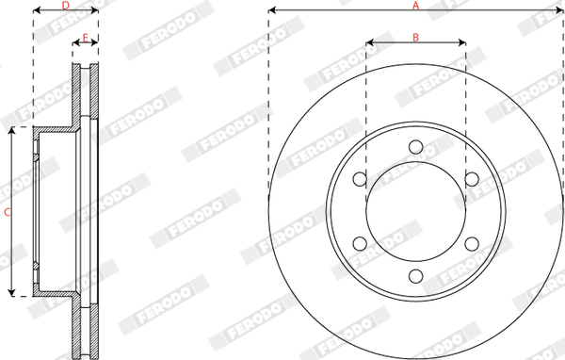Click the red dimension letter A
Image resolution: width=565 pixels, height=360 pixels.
coord(416,6)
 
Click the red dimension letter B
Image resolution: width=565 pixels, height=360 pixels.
coord(416,37)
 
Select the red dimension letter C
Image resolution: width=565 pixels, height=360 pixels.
coord(7,213)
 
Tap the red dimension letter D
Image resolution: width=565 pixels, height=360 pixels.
coord(65,6)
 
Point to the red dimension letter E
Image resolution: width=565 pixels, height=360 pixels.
coord(86,38)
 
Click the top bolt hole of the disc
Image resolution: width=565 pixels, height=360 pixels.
coord(416,147)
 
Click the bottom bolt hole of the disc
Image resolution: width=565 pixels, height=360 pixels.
coord(416,276)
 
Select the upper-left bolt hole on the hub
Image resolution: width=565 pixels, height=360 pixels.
coord(360,179)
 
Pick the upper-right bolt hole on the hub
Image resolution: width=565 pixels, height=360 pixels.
coord(472,179)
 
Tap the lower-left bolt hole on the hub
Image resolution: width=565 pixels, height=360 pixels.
coord(360,244)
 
